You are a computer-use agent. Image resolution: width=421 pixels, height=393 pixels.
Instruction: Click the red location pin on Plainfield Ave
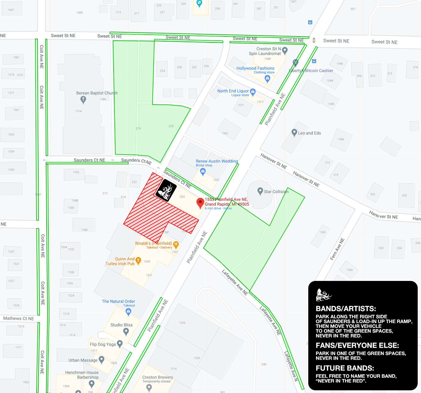click(200, 203)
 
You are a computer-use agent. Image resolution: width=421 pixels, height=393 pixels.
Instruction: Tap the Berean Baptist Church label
click(97, 93)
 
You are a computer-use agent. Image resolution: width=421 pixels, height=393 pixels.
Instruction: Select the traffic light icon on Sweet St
click(314, 40)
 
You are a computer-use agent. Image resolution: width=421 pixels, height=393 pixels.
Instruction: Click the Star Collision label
click(276, 192)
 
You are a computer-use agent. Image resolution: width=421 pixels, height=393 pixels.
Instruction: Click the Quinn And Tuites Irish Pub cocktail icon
click(138, 260)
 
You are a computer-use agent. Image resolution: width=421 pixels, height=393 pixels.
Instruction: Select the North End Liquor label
click(233, 91)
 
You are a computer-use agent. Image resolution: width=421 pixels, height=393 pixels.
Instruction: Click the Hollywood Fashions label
click(255, 68)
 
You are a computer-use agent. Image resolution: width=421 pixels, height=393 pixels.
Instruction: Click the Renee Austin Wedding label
click(217, 161)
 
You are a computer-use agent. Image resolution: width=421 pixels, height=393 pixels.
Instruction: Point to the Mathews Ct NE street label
click(19, 319)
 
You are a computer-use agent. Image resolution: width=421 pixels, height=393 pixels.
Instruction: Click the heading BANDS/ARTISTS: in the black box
click(346, 309)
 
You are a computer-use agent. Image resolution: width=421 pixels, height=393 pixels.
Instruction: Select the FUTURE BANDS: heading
click(345, 368)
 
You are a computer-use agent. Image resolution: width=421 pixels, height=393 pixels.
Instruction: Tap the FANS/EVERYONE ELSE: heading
click(357, 345)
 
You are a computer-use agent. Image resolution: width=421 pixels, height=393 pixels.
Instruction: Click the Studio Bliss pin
click(126, 331)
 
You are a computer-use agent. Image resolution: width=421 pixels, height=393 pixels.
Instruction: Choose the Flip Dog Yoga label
click(103, 344)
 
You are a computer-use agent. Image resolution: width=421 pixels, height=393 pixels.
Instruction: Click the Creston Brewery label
click(158, 377)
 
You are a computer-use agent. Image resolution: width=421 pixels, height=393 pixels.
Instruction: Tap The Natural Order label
click(118, 301)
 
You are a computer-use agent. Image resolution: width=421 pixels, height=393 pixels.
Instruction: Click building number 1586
click(341, 139)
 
